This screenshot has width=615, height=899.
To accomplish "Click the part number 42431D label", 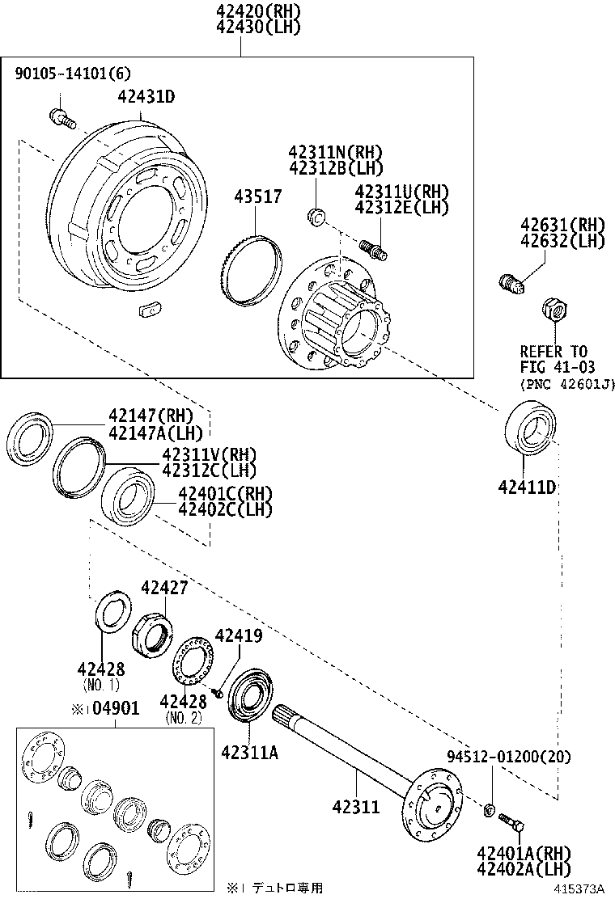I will [146, 97].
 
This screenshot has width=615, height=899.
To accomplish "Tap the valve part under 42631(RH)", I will [511, 282].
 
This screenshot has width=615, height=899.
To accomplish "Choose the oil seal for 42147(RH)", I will [30, 441].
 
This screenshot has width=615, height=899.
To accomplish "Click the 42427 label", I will [164, 588].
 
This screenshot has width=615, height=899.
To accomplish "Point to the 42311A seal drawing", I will [252, 694].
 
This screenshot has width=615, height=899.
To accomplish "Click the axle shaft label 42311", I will [355, 806].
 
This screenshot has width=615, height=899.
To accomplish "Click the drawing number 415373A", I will [579, 888].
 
